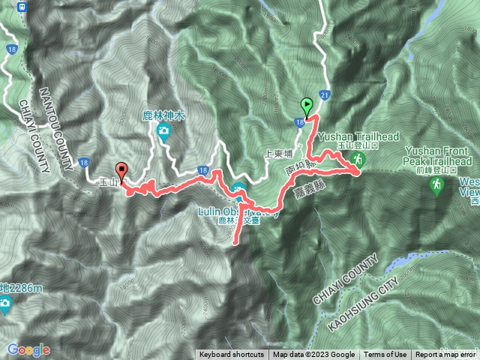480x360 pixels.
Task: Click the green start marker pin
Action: [306, 106]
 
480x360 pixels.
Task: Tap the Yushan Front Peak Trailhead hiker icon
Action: [436, 184]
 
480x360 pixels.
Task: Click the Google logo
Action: [28, 349]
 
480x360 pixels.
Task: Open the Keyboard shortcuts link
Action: [232, 355]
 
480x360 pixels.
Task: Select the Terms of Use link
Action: [385, 355]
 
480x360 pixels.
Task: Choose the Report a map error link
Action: [447, 355]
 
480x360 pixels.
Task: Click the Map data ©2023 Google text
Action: [313, 355]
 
